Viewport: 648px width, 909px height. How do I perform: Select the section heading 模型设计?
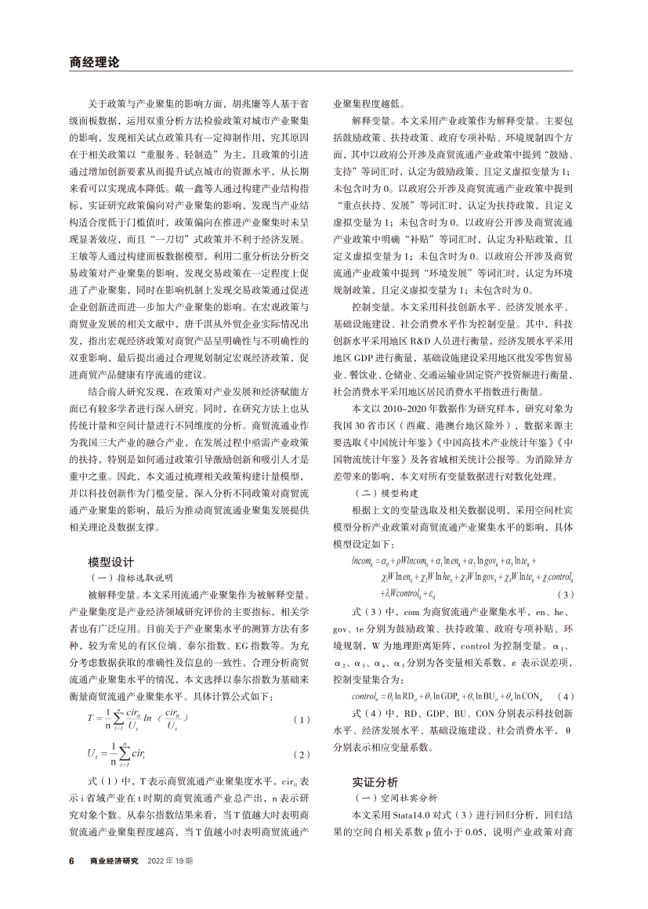114,561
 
